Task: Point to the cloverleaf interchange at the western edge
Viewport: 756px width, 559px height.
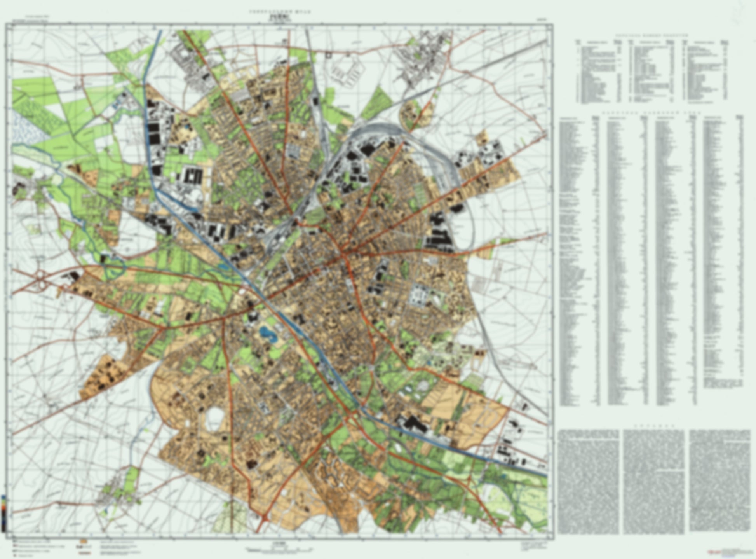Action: click(x=40, y=277)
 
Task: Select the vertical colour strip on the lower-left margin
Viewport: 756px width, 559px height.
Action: click(x=3, y=513)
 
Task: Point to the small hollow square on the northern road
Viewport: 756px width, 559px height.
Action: click(x=329, y=55)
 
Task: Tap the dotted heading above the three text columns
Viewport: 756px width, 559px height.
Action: click(x=654, y=426)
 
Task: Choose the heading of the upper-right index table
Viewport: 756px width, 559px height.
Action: click(x=651, y=35)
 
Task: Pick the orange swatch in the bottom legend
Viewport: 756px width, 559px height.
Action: click(x=83, y=541)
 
